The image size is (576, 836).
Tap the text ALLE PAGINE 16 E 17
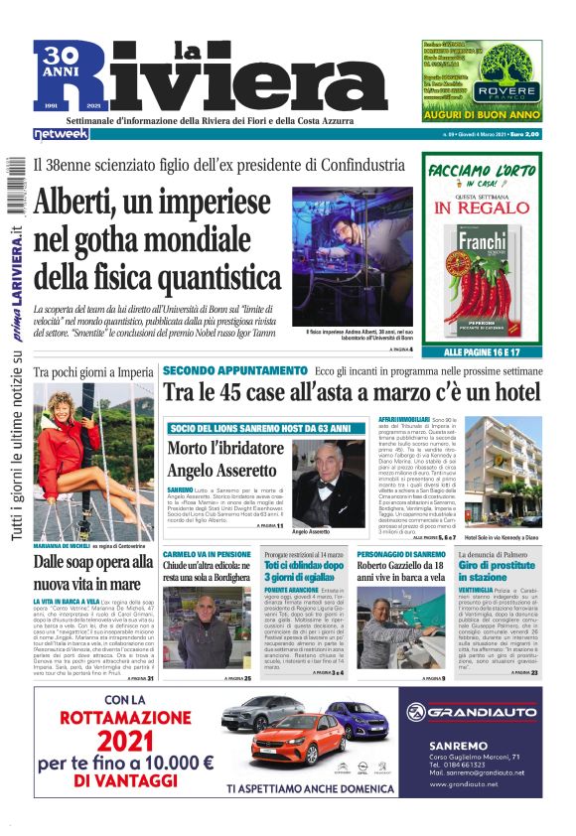coord(481,352)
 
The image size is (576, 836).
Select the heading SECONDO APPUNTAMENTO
coord(234,370)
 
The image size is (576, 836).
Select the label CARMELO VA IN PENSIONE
coord(208,552)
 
